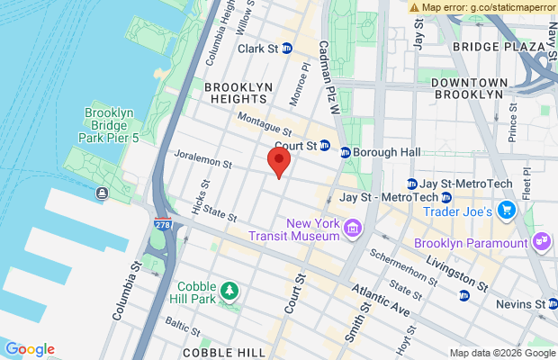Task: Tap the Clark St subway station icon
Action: click(x=286, y=49)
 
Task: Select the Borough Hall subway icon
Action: click(x=345, y=151)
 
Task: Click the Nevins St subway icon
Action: click(x=540, y=304)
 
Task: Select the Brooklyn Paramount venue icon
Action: click(x=541, y=240)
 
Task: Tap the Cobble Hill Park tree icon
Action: click(x=231, y=290)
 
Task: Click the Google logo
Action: click(x=30, y=349)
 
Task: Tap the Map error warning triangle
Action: click(x=414, y=7)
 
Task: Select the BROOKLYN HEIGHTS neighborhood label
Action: click(x=238, y=93)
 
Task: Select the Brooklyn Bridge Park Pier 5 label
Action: click(x=109, y=126)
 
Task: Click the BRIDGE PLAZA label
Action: click(x=488, y=47)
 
